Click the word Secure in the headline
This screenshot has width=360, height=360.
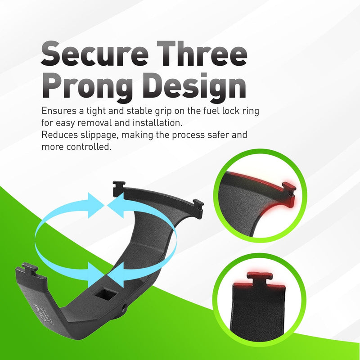coord(94,54)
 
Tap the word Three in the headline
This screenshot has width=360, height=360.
coord(202,54)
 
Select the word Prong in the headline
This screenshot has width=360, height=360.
coord(87,87)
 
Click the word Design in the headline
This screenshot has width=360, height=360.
coord(196,87)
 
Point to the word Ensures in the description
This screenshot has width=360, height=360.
coord(59,111)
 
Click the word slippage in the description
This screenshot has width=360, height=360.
coord(99,135)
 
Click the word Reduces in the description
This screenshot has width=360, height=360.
coord(60,135)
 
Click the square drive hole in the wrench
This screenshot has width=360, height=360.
coord(106,295)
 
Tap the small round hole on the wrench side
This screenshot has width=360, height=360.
coord(125,307)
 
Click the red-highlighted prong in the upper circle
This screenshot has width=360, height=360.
coord(289,193)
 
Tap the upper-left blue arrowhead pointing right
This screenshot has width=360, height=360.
coord(96,206)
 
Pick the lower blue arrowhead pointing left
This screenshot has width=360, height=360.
coord(116,275)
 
